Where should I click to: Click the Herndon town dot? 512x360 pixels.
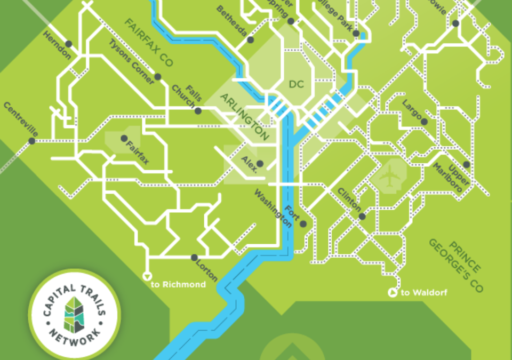(69, 44)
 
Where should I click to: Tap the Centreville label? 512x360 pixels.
(21, 119)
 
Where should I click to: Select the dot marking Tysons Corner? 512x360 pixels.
(158, 77)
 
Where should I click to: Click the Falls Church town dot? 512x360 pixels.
(198, 111)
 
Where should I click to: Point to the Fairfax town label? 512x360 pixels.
(138, 152)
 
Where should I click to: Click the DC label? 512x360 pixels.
(295, 84)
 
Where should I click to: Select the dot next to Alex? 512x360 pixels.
(260, 163)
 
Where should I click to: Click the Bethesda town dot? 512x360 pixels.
(251, 39)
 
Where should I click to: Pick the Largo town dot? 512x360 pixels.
(424, 122)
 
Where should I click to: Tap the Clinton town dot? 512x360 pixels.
(362, 217)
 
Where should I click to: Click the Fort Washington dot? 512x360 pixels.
(303, 224)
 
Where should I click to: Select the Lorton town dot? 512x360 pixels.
(194, 258)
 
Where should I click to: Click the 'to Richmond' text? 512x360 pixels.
(178, 285)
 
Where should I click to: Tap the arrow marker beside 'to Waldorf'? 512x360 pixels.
(393, 292)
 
